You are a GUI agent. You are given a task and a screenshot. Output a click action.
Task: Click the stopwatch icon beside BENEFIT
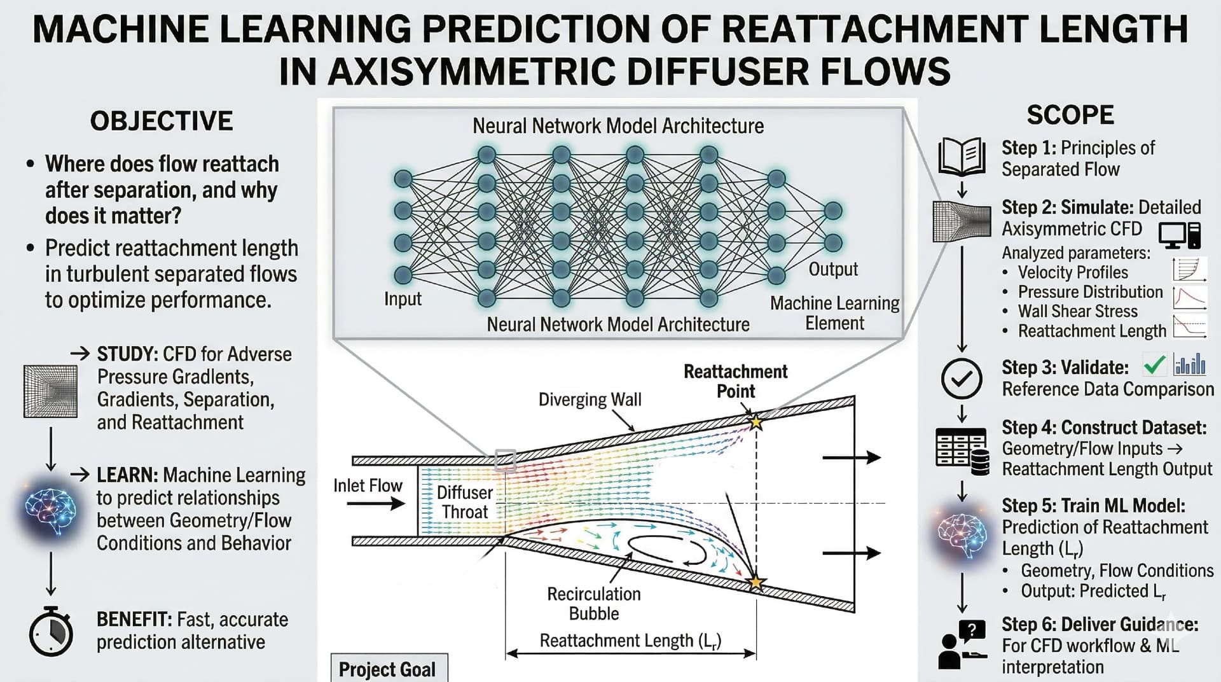click(52, 631)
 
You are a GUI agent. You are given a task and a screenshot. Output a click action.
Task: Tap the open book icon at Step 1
click(962, 157)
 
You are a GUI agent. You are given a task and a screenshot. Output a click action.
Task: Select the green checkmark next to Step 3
click(1154, 365)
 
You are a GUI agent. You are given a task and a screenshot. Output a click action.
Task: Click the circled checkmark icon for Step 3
click(961, 379)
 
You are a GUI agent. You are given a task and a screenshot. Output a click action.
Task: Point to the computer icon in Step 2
click(1179, 235)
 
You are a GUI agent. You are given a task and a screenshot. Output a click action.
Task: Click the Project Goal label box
click(388, 669)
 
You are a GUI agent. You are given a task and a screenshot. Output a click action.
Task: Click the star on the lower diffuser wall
click(755, 582)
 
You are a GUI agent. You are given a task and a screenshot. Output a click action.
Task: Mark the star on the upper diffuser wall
click(755, 421)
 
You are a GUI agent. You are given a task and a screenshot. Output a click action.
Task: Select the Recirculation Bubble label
click(593, 603)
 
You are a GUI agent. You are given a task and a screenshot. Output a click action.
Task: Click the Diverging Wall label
click(590, 400)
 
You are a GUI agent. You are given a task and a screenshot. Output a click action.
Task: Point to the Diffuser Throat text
click(464, 502)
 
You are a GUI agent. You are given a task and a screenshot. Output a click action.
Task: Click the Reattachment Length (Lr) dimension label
click(630, 641)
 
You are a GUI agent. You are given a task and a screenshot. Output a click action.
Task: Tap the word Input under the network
click(403, 298)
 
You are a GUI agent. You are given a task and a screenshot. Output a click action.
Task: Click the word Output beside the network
click(832, 269)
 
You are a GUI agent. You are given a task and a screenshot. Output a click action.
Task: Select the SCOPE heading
click(1070, 115)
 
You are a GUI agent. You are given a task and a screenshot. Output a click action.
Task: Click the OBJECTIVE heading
click(162, 121)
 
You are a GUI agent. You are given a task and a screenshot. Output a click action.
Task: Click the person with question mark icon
click(962, 644)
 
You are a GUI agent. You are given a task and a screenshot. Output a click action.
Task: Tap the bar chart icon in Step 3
click(1190, 365)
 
